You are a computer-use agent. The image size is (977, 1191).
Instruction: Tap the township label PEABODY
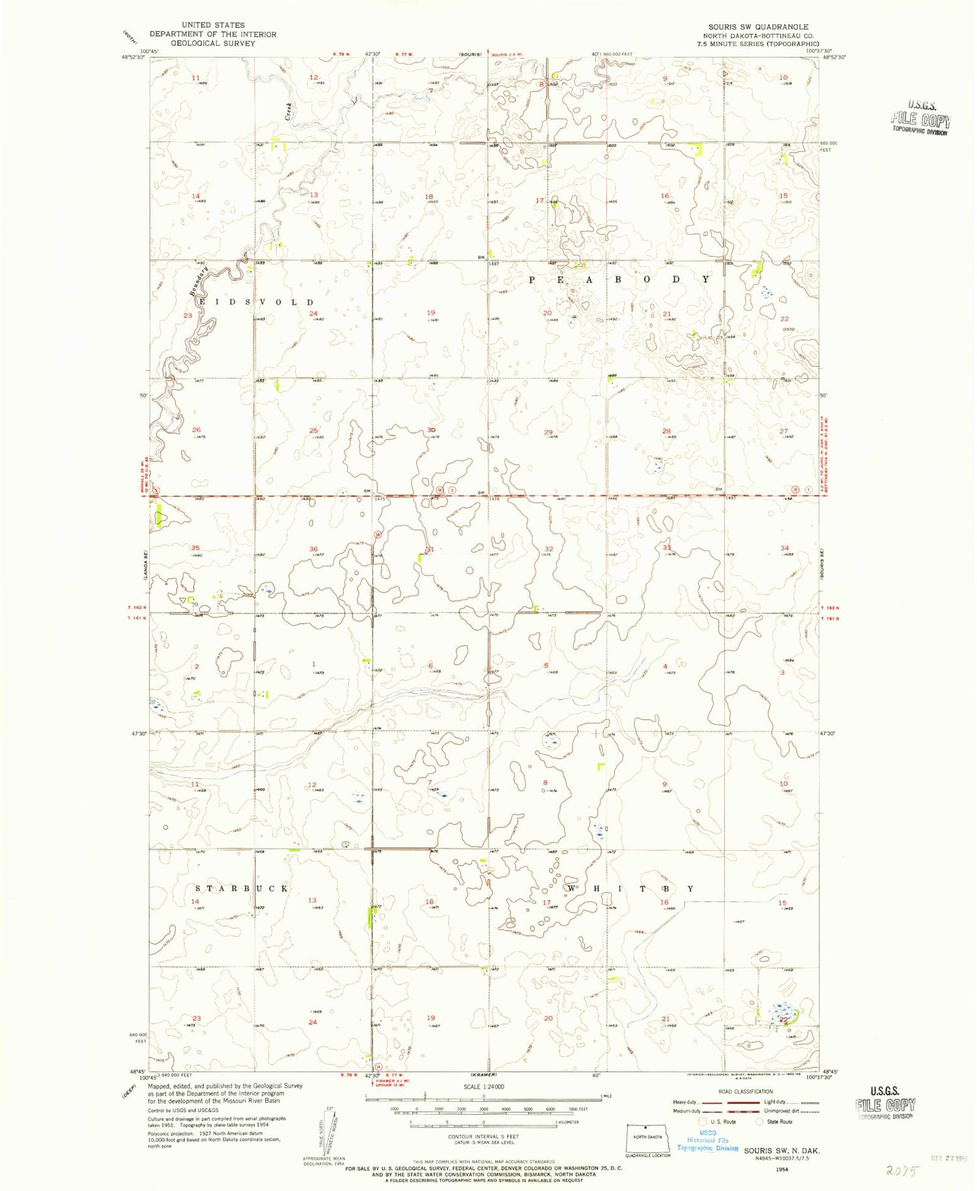click(618, 279)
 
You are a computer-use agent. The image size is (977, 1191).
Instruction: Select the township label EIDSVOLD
click(256, 302)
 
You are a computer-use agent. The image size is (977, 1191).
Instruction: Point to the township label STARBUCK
click(242, 889)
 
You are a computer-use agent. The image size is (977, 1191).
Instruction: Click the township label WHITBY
click(630, 889)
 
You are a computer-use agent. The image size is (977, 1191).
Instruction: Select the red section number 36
click(313, 549)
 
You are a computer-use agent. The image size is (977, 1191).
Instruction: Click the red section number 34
click(784, 548)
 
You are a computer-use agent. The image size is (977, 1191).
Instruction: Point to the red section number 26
click(196, 430)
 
